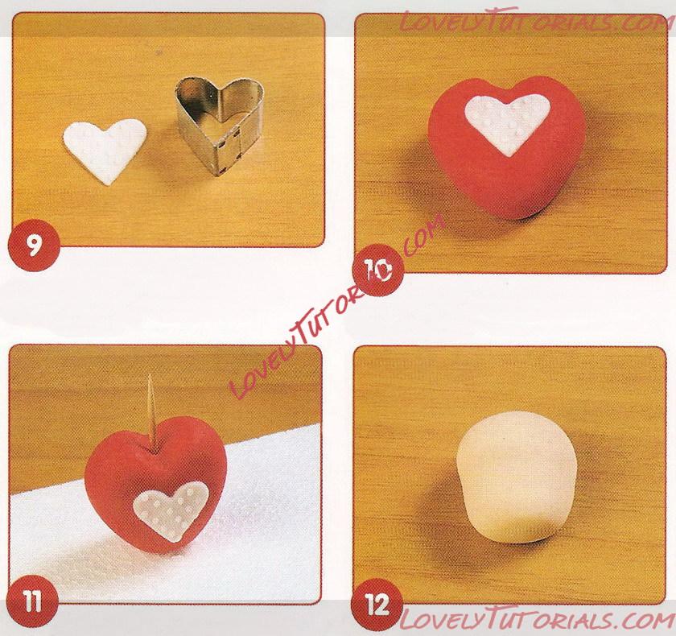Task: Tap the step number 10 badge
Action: click(377, 270)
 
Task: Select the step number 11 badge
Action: click(33, 601)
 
